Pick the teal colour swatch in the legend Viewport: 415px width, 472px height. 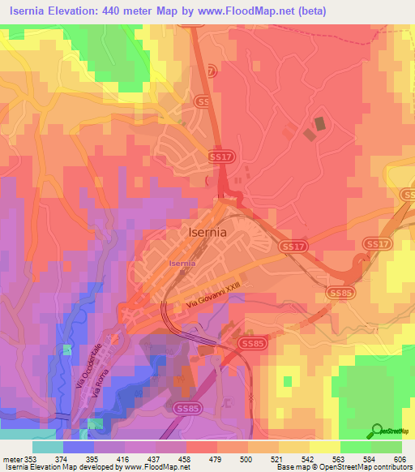[48, 447]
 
